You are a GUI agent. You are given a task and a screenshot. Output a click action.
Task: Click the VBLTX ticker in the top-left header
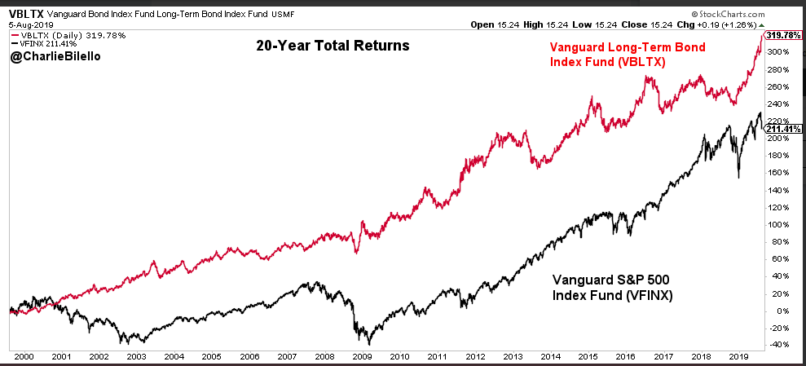click(x=25, y=14)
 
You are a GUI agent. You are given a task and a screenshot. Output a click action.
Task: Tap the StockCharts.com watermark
click(x=747, y=14)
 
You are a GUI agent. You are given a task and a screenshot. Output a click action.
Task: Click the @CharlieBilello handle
click(x=55, y=60)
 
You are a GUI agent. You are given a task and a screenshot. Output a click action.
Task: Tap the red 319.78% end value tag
click(x=782, y=35)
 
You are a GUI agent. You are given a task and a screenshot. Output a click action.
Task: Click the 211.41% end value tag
click(x=782, y=129)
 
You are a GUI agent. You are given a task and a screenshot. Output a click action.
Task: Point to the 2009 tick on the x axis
click(x=361, y=356)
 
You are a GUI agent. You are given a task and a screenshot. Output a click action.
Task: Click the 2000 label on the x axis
click(x=24, y=356)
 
